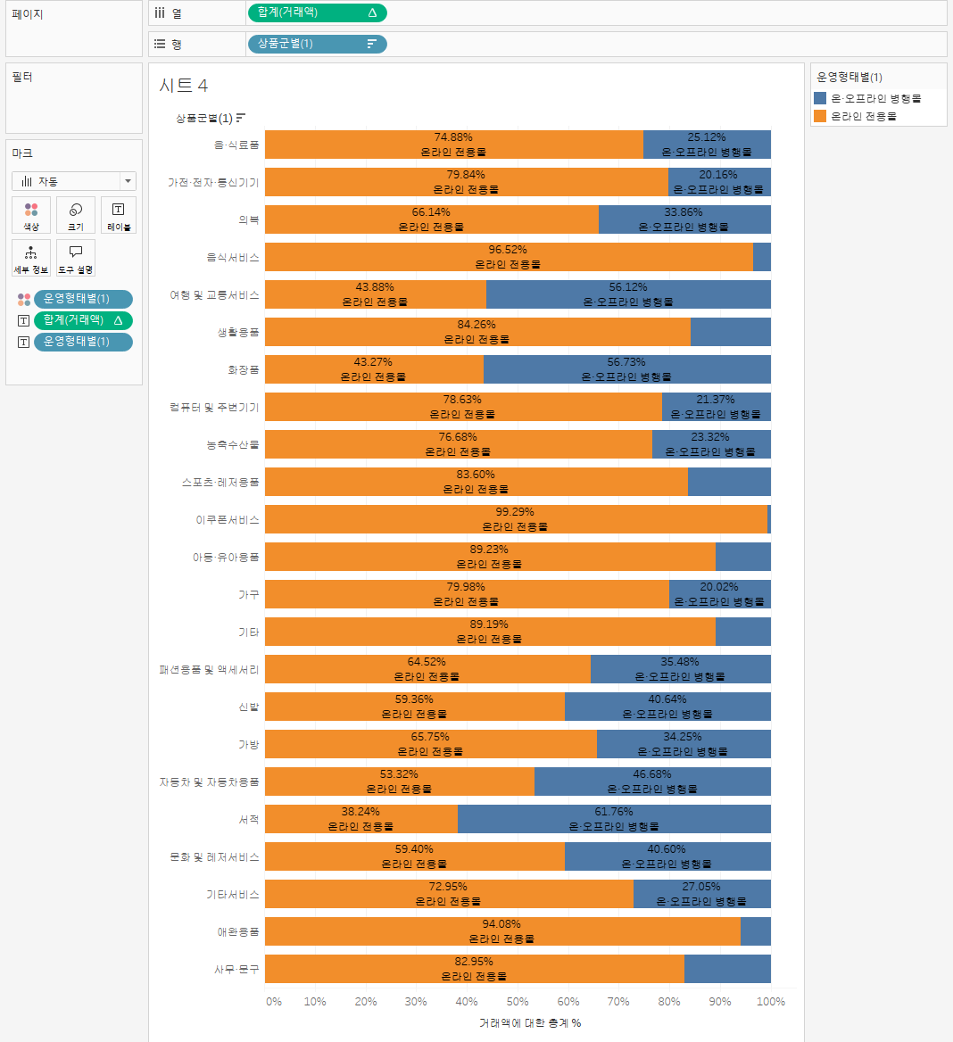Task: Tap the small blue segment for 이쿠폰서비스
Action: [x=768, y=519]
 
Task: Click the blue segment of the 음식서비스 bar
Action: [x=761, y=257]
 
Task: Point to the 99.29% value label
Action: [x=515, y=512]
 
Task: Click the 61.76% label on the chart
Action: [x=614, y=812]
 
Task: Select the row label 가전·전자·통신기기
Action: [x=213, y=182]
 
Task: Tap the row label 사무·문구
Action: [x=236, y=969]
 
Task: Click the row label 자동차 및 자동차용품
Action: [x=209, y=781]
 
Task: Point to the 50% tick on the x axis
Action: [x=518, y=1002]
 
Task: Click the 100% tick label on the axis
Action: [x=770, y=1002]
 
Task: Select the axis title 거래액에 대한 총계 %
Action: [x=530, y=1023]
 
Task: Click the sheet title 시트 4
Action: [x=183, y=86]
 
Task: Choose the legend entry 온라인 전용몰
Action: [x=863, y=116]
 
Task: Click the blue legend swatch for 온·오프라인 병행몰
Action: [x=820, y=98]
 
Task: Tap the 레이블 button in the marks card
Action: [x=119, y=215]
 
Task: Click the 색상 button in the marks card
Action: [x=31, y=215]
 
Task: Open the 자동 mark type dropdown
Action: [x=74, y=181]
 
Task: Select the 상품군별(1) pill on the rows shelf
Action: [x=316, y=44]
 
